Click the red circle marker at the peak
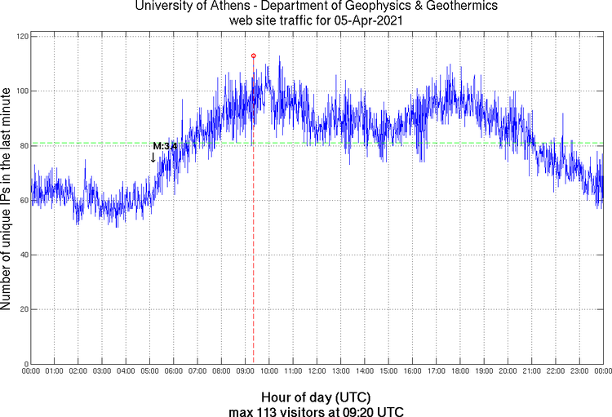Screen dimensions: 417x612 254,56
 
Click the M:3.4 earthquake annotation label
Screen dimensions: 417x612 165,146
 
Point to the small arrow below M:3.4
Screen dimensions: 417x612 153,157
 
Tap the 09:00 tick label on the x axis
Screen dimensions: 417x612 246,372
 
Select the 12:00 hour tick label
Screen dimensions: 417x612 317,372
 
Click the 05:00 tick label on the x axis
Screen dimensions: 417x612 150,372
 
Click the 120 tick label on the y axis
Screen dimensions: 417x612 21,37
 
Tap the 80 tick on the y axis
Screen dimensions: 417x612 24,146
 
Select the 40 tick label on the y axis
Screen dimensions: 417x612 24,255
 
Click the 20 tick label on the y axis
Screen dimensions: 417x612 24,309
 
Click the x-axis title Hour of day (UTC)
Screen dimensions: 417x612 316,397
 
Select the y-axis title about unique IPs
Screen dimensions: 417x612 7,200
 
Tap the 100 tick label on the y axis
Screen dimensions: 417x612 21,91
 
